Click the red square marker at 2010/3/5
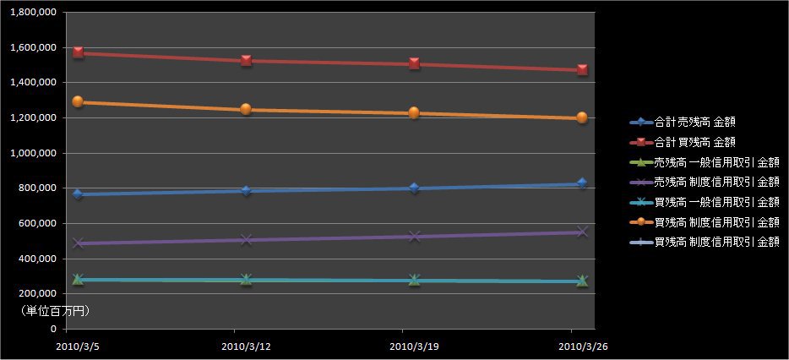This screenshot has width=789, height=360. coord(79,52)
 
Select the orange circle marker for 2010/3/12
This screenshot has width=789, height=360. coord(246,109)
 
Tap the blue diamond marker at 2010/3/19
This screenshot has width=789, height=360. coord(414,188)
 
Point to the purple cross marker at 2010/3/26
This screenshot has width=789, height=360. coord(582,232)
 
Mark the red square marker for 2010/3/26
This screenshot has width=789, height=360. coord(582,70)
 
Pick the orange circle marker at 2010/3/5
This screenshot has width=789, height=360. coord(79,101)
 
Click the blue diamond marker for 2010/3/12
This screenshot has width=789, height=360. coord(246,191)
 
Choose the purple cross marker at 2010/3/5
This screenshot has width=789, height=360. coord(79,243)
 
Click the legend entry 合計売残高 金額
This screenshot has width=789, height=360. coord(694,121)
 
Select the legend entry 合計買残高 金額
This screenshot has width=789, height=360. coord(694,141)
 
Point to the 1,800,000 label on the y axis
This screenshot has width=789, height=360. coord(32,12)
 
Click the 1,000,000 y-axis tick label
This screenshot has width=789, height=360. coord(32,153)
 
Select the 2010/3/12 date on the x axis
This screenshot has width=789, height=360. coord(246,346)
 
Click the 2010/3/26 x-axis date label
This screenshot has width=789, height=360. coord(582,346)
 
